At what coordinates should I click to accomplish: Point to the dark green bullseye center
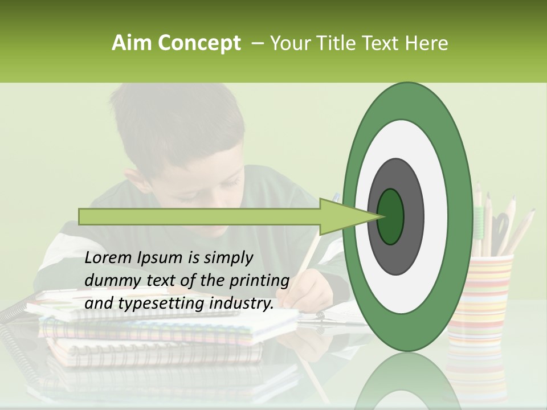(x=390, y=216)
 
